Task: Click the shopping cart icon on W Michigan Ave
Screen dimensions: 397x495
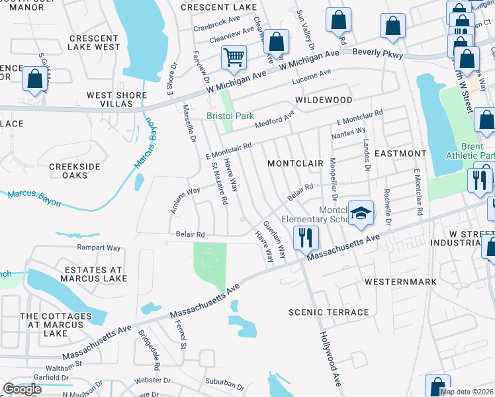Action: (x=234, y=58)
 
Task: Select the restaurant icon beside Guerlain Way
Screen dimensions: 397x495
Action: (x=305, y=238)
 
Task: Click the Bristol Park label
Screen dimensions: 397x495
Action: (x=230, y=116)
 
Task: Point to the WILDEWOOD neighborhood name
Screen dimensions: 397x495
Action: (x=324, y=99)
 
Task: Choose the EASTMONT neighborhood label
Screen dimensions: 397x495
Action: (x=400, y=153)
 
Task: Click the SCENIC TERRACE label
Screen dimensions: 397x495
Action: (x=329, y=312)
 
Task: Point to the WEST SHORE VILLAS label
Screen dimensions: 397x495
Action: (x=116, y=99)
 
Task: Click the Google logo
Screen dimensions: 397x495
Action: (x=22, y=389)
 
